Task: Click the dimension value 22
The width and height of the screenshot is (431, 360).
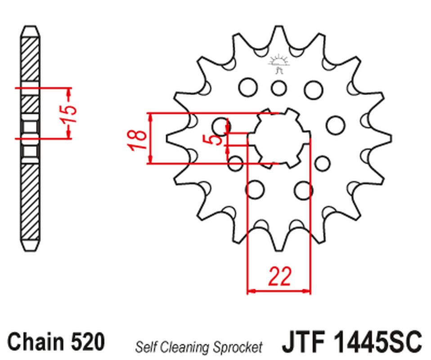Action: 279,276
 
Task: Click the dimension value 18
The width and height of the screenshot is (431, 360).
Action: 138,140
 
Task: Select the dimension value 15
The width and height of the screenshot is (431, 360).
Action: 69,113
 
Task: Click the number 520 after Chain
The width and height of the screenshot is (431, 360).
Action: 88,341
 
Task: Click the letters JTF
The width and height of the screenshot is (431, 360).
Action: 304,342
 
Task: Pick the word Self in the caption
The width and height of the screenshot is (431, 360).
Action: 146,347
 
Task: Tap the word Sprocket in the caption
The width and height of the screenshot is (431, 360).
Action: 238,347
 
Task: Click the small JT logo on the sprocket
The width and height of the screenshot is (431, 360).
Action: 278,64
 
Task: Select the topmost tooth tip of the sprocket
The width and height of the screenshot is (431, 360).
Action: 279,27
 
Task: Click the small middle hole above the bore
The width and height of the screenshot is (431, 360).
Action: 279,88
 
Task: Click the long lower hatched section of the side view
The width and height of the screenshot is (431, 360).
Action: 30,201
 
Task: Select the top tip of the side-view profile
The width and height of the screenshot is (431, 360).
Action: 31,27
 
